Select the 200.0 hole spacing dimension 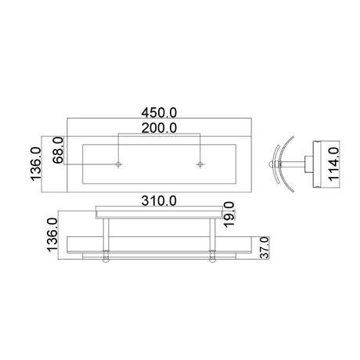pos(159,126)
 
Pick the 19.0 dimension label pos(228,212)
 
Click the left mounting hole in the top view pos(117,164)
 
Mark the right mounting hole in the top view pos(200,164)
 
